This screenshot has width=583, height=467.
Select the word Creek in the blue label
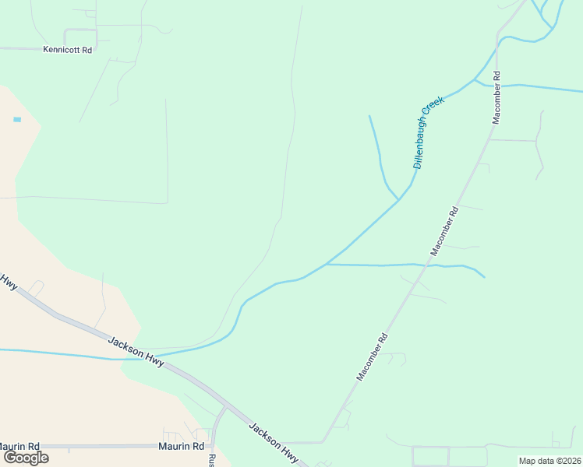435,109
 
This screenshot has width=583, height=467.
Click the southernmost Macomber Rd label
372,357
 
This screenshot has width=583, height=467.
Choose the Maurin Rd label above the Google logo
19,447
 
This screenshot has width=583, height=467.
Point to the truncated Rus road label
211,460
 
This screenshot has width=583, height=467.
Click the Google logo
26,458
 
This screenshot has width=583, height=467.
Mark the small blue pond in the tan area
17,120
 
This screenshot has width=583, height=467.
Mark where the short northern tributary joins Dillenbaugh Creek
399,199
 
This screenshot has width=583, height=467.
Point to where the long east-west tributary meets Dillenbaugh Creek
327,265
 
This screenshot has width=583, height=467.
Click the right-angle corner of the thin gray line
167,202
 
